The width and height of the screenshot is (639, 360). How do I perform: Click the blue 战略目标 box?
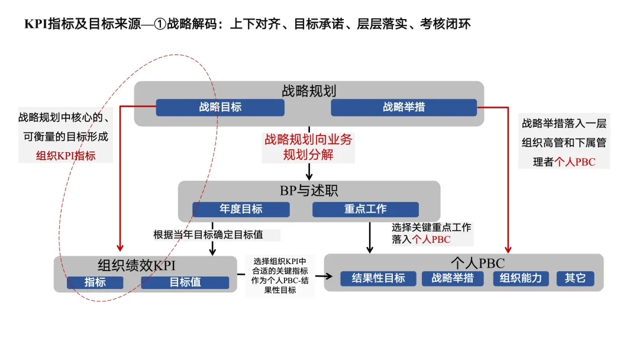click(x=220, y=107)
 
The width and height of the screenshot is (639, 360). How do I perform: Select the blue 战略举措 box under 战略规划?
click(x=404, y=107)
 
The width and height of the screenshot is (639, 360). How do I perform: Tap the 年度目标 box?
click(x=241, y=209)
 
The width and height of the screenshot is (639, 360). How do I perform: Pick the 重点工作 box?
click(x=365, y=209)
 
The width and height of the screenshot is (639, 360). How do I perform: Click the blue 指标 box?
click(x=95, y=282)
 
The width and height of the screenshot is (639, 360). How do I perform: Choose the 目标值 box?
click(x=185, y=282)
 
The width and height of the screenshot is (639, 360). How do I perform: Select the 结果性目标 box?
click(x=378, y=278)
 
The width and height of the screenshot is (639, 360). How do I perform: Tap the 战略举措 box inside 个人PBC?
click(x=453, y=278)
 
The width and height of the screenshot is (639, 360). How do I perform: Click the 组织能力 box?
click(x=521, y=278)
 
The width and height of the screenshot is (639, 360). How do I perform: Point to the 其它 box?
click(x=575, y=278)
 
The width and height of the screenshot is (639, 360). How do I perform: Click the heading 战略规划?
click(x=309, y=91)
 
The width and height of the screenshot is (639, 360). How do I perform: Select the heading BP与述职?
click(x=309, y=191)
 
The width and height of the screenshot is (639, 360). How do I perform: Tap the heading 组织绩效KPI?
click(x=137, y=265)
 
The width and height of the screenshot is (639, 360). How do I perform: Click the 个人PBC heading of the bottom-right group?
click(x=477, y=263)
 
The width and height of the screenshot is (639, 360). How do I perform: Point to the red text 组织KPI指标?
click(x=66, y=156)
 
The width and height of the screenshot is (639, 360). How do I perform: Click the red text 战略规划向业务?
click(x=308, y=140)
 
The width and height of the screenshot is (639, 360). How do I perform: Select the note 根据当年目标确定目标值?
click(x=208, y=234)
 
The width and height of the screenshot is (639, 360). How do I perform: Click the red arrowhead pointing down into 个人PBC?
click(x=508, y=249)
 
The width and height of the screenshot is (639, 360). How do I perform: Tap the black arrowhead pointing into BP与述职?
click(x=309, y=176)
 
